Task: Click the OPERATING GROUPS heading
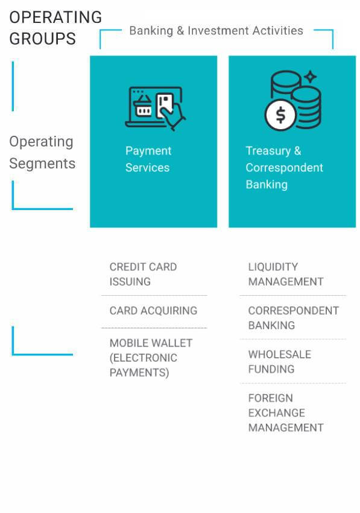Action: point(55,28)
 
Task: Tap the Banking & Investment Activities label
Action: point(216,31)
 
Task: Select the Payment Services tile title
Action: point(148,159)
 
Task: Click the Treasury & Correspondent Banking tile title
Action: point(284,168)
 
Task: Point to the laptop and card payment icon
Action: point(156,108)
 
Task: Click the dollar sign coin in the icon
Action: point(280,115)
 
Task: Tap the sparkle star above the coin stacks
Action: point(310,77)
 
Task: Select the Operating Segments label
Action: point(42,153)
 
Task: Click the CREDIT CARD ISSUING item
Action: point(143,274)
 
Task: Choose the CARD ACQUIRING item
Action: point(153,310)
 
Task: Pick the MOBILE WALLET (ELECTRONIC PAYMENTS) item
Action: point(151,358)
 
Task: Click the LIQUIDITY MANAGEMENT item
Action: point(286,274)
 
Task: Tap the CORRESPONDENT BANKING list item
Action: point(293,318)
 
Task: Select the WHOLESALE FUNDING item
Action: point(280,362)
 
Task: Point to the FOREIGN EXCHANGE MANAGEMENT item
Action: point(286,413)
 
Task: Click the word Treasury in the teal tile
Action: point(268,151)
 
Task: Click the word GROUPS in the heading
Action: point(42,39)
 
